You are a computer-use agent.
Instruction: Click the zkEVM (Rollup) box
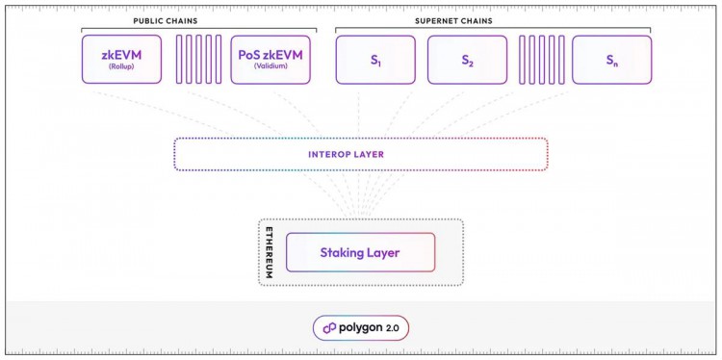[122, 60]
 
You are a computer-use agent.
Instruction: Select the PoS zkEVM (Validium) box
[271, 60]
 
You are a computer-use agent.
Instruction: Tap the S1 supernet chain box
[375, 60]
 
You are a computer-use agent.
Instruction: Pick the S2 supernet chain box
[467, 60]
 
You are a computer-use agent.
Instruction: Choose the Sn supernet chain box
[611, 60]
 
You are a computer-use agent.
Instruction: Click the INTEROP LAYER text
[361, 154]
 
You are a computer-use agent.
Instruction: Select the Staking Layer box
[360, 252]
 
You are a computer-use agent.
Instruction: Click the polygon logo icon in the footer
[329, 328]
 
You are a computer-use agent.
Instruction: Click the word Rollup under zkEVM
[122, 68]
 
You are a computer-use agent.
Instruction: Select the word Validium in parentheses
[271, 68]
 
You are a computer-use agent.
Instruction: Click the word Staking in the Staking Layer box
[342, 252]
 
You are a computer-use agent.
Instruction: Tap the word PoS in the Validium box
[249, 55]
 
